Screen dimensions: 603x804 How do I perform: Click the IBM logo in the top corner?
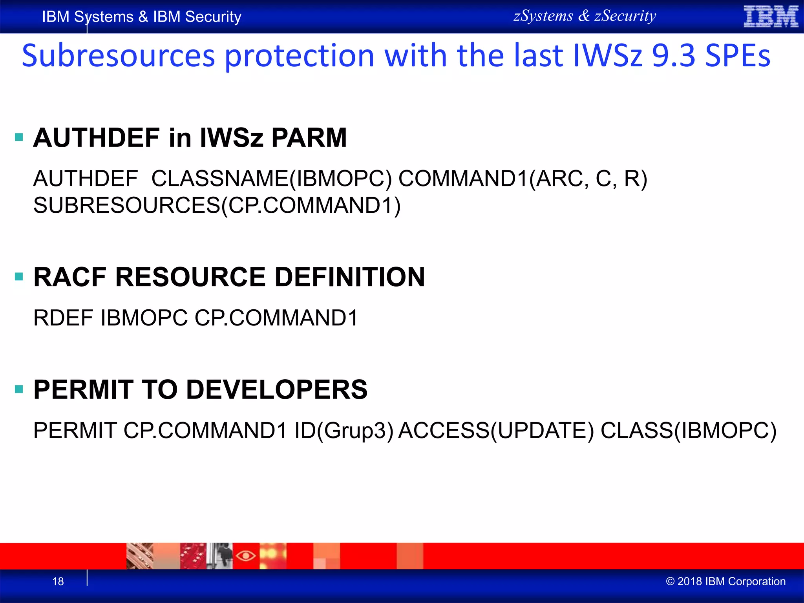click(x=771, y=16)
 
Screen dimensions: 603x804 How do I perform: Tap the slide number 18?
click(x=58, y=581)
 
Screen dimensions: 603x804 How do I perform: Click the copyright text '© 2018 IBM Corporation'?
click(x=725, y=581)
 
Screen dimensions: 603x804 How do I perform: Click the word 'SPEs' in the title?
click(x=738, y=56)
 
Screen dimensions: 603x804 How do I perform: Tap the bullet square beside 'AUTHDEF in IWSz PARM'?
click(x=19, y=137)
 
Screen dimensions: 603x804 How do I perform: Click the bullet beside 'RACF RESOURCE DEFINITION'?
click(x=19, y=277)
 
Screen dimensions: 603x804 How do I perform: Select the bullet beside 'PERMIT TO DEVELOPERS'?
click(x=19, y=389)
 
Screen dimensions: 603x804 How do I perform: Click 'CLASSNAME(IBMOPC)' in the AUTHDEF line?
click(x=271, y=179)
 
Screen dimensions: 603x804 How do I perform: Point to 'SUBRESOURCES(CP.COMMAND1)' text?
click(x=217, y=205)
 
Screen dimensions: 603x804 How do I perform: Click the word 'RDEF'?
click(x=63, y=318)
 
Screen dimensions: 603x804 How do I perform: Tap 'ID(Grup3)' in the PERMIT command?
click(x=344, y=431)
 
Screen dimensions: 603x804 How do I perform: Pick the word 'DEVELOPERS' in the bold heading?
click(x=277, y=389)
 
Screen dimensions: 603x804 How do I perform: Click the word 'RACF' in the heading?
click(x=70, y=277)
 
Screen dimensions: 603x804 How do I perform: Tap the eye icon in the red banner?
click(x=246, y=556)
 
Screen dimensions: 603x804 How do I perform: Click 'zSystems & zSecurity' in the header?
click(x=585, y=16)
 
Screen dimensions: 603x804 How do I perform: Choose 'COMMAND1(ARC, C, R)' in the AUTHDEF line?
click(x=523, y=179)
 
